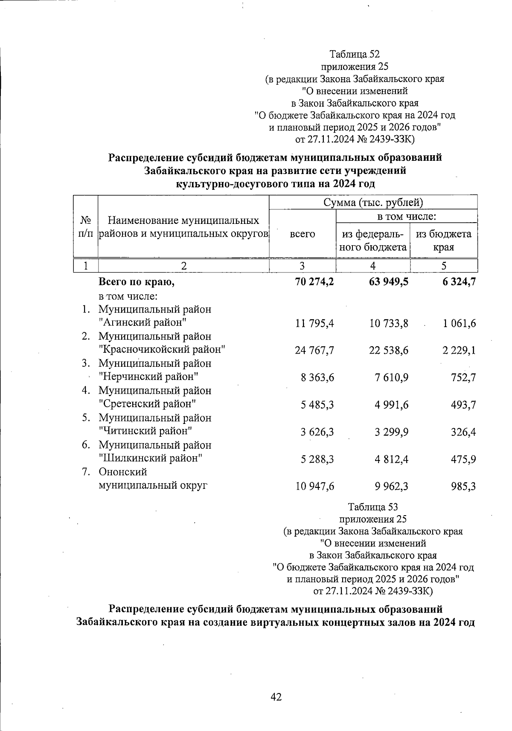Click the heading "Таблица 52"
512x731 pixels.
354,54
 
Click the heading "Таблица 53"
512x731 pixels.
372,507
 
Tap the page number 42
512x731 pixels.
276,697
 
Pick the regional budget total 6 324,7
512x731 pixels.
459,282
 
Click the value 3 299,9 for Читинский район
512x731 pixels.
392,432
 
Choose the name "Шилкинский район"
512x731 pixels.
150,458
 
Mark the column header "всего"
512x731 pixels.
303,234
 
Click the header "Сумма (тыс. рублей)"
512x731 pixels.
373,202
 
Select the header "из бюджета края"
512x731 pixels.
444,240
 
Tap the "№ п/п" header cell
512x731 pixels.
86,227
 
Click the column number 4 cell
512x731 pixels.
372,266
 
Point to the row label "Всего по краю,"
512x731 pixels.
137,282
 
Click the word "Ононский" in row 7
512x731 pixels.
123,472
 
